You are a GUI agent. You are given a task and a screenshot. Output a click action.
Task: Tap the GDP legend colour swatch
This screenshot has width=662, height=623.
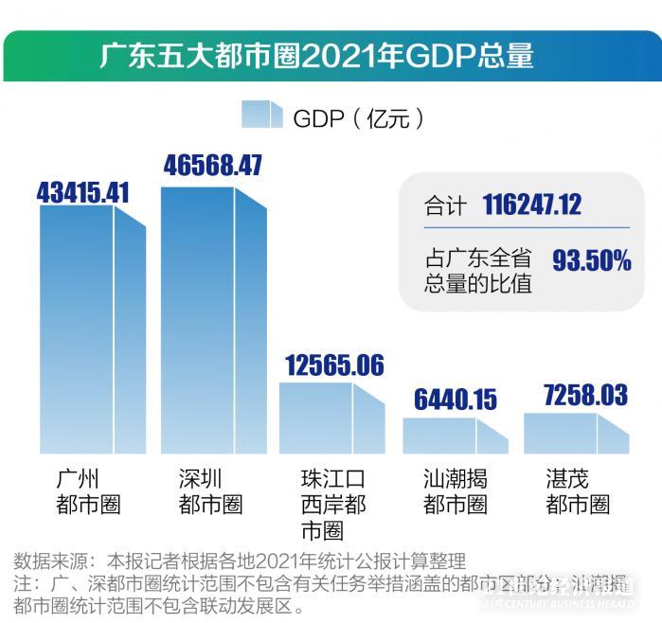[262, 116]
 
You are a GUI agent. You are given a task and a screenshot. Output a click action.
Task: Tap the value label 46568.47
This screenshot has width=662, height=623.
[212, 165]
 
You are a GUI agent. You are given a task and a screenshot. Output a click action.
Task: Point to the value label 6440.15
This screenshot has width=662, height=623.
[455, 399]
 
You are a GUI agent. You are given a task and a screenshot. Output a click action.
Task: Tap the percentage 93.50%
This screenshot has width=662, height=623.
[592, 261]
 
